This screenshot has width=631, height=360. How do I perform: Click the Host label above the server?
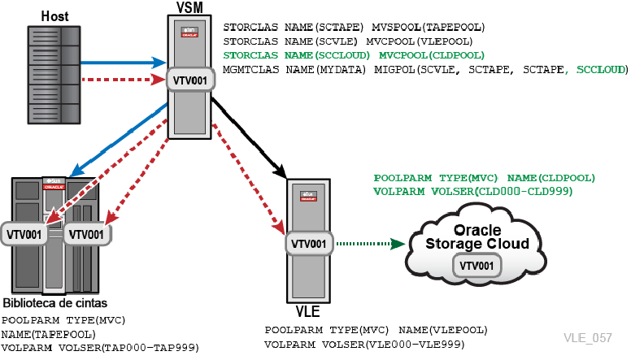[x=54, y=16]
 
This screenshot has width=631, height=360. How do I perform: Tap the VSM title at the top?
[x=189, y=7]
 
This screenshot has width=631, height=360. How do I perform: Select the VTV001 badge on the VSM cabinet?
[x=190, y=80]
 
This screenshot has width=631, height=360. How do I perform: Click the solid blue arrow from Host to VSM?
[x=124, y=63]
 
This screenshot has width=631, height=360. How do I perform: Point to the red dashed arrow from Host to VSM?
[x=124, y=80]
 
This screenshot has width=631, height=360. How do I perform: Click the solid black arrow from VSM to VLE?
[x=249, y=137]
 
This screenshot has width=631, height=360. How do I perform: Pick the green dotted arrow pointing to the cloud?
[x=371, y=243]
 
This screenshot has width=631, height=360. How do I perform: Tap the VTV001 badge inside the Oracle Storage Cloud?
[x=477, y=266]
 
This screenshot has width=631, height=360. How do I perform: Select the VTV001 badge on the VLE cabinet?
[x=309, y=244]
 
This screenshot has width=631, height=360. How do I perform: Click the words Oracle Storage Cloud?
[x=477, y=237]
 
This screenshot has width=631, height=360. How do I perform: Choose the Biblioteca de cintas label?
[x=55, y=303]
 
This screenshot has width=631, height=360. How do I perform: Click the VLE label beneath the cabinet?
[x=308, y=311]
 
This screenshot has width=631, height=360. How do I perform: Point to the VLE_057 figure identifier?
[x=588, y=337]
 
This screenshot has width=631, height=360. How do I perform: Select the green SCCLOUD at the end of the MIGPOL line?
[x=600, y=70]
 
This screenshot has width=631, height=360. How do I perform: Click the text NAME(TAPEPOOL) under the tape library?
[x=48, y=334]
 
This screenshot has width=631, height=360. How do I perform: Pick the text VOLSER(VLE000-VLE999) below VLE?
[x=394, y=345]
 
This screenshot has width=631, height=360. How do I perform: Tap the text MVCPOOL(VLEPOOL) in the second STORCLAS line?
[x=419, y=41]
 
